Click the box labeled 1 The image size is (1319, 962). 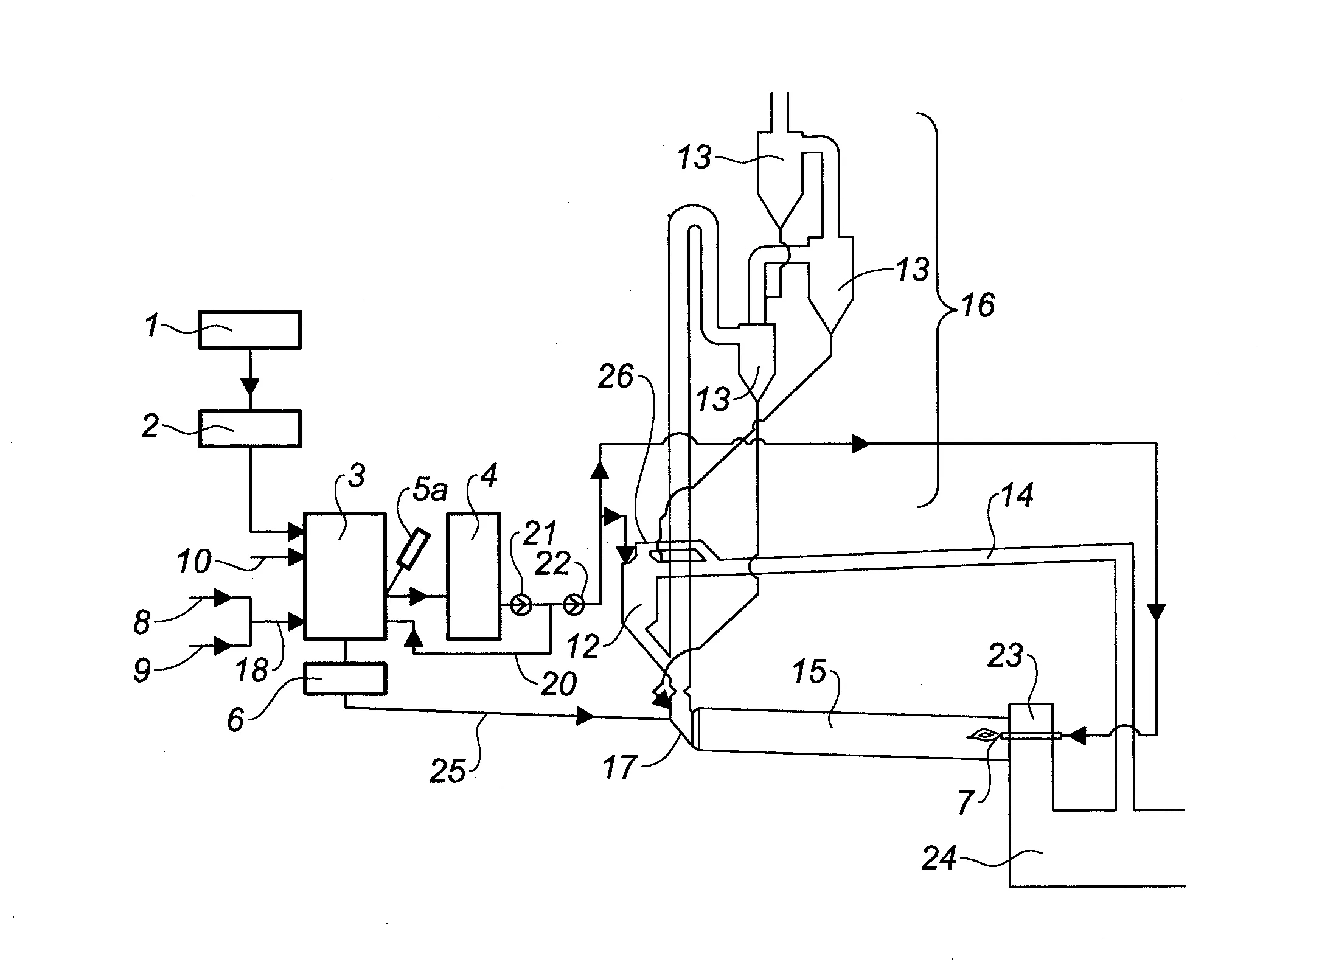pos(249,329)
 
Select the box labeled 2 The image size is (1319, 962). pos(249,429)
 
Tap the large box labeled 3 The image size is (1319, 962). pos(345,576)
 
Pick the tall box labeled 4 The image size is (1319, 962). pos(474,576)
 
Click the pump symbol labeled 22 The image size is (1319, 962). pos(574,605)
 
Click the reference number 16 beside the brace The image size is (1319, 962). pos(978,305)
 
